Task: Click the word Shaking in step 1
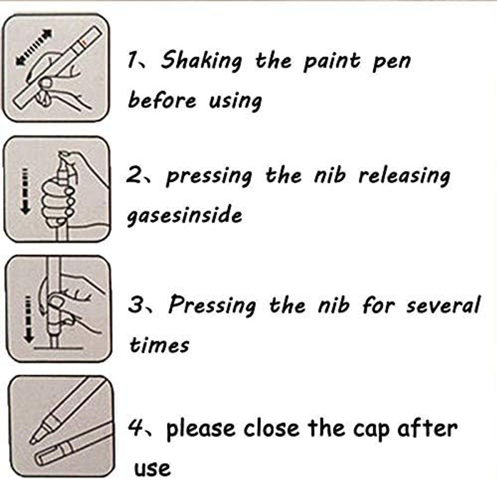[x=201, y=60]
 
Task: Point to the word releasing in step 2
[x=404, y=176]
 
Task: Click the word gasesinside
[x=184, y=215]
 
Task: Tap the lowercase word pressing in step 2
[x=209, y=176]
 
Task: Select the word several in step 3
[x=444, y=305]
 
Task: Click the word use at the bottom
[x=152, y=468]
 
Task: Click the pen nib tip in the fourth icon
[x=32, y=441]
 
